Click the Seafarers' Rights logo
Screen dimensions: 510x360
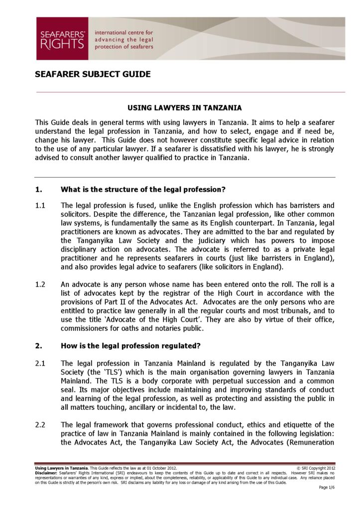(x=62, y=38)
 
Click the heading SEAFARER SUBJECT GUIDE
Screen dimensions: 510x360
(x=93, y=75)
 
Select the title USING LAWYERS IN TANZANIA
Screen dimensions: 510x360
(x=185, y=108)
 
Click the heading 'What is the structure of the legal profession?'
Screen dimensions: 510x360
(x=143, y=189)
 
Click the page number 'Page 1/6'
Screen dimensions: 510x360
(x=327, y=487)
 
